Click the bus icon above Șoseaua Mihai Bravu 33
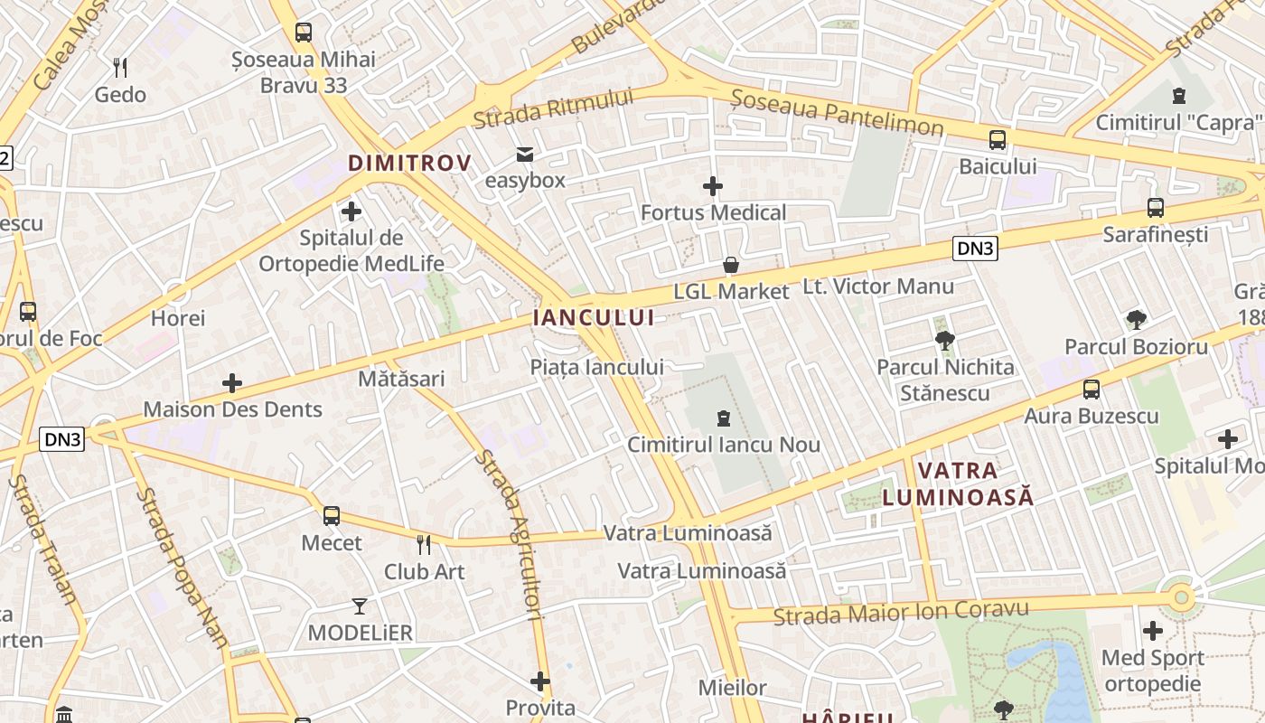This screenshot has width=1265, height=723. click(304, 33)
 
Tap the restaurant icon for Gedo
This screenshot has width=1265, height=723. click(120, 67)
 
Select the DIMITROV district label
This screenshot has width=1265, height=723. click(409, 164)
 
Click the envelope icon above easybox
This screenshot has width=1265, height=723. click(525, 154)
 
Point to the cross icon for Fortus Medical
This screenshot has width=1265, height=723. click(713, 186)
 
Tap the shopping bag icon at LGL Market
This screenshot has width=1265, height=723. click(731, 265)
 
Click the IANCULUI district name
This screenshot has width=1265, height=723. click(594, 317)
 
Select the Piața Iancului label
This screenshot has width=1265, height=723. click(596, 367)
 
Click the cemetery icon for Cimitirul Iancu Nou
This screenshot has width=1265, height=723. click(724, 418)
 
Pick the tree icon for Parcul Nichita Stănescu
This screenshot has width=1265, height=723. click(945, 341)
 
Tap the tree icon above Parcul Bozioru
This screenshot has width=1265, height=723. click(1137, 319)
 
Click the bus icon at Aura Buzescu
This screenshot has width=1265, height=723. click(1092, 390)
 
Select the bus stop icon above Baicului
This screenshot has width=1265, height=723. click(998, 140)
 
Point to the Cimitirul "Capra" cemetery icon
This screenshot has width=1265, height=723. click(1178, 95)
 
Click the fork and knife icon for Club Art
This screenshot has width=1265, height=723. click(423, 544)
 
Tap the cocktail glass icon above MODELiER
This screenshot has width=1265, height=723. click(360, 606)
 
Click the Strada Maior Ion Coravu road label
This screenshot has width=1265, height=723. click(901, 613)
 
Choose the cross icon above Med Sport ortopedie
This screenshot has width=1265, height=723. click(1153, 631)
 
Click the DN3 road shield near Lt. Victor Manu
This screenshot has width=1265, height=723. click(975, 249)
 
